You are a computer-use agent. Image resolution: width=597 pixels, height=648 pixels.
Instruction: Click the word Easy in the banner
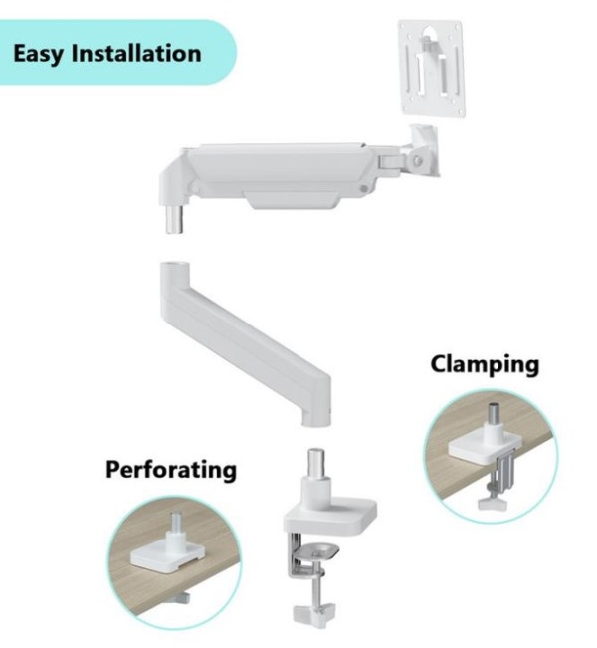coord(39,54)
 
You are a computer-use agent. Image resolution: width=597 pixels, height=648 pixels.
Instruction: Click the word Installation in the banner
coord(136,53)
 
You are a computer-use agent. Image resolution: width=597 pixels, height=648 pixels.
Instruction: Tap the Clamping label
coord(485,365)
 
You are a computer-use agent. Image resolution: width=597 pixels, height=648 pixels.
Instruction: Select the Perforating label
coord(171,470)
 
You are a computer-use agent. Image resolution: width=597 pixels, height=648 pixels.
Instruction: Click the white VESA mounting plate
coord(431,69)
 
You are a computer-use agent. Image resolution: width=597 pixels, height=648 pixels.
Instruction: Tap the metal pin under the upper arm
coord(175,219)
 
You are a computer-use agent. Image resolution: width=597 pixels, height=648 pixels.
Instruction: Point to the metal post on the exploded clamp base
coord(316,462)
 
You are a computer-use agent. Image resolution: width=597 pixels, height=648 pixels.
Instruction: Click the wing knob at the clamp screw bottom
coord(314,612)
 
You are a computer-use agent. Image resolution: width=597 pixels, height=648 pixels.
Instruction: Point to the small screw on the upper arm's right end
coord(364,189)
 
